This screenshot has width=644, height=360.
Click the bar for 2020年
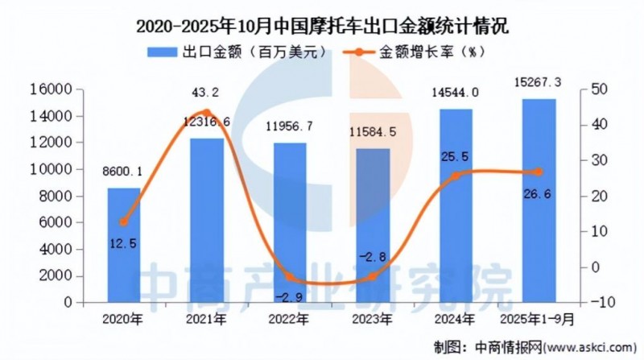[123, 246]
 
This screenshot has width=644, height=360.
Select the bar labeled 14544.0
[455, 205]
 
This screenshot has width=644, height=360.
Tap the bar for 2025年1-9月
[538, 201]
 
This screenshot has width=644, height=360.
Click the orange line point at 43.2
[206, 114]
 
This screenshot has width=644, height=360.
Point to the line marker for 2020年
[123, 222]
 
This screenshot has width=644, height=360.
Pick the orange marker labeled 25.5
[455, 176]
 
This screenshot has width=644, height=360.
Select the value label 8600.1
[123, 171]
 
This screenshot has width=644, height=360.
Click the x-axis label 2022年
[287, 320]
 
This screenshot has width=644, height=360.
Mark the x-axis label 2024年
[455, 320]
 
